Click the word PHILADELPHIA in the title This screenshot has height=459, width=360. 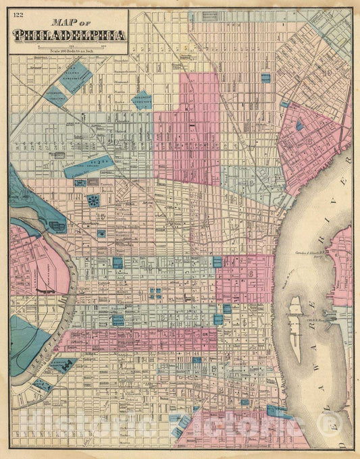click(x=66, y=34)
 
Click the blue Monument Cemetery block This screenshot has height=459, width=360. click(x=143, y=101)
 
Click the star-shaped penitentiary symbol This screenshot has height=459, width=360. click(x=93, y=200)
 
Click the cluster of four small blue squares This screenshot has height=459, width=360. click(x=155, y=293)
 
